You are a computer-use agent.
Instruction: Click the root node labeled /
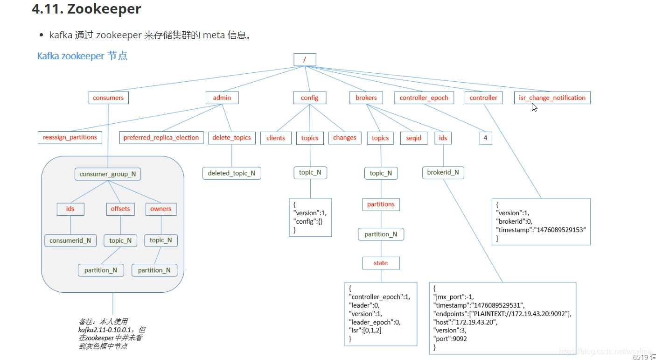[305, 60]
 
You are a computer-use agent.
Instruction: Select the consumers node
[108, 98]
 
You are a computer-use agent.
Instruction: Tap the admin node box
[222, 98]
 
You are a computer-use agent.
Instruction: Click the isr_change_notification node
[552, 98]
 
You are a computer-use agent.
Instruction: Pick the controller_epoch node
[424, 98]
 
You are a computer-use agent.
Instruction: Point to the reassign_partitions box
[70, 137]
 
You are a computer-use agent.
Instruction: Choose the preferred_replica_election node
[161, 138]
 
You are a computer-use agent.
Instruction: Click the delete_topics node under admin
[231, 138]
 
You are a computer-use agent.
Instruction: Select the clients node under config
[276, 138]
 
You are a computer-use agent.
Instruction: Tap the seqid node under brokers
[413, 138]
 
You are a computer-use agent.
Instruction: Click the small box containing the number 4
[485, 138]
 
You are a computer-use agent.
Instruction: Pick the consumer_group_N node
[108, 174]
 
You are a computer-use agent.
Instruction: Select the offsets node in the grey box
[120, 209]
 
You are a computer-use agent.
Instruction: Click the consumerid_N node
[70, 240]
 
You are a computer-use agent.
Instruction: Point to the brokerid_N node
[443, 172]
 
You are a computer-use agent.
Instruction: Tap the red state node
[381, 263]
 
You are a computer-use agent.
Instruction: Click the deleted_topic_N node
[231, 173]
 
